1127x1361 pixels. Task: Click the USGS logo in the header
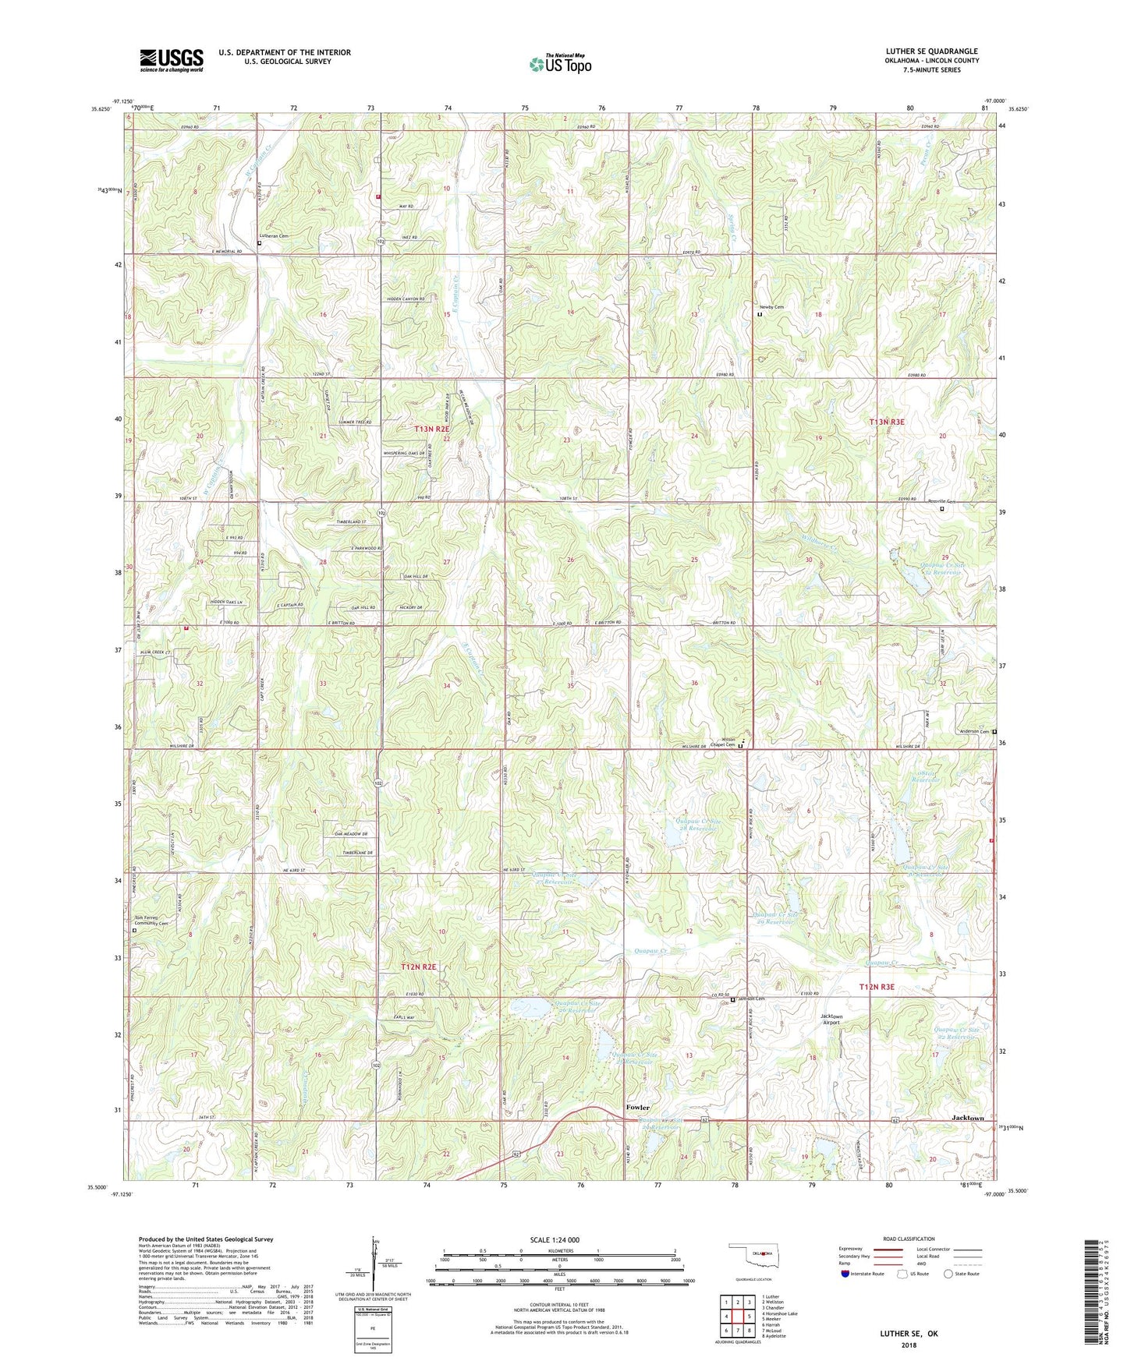pos(171,60)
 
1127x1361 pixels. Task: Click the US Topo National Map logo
pos(560,64)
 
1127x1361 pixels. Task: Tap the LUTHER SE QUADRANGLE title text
pos(931,51)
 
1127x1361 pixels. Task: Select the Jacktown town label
pos(968,1118)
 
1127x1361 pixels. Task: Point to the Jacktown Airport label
pos(831,1020)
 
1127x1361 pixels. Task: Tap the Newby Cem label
pos(773,307)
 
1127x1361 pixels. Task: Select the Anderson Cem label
pos(973,731)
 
